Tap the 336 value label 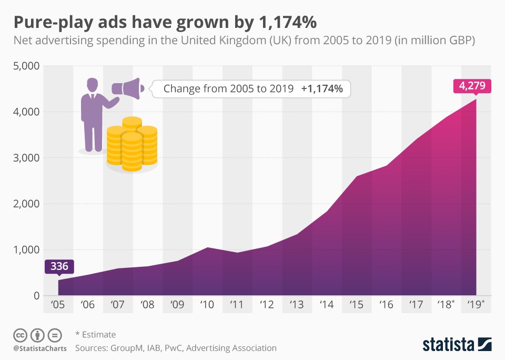coord(58,266)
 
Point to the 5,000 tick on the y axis coord(26,66)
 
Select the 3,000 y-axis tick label coord(26,158)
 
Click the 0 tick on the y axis coord(36,296)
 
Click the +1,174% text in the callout coord(322,89)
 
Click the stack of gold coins coord(132,145)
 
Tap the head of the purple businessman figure coord(93,84)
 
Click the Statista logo coord(457,345)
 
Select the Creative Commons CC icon coord(20,335)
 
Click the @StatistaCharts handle coord(38,348)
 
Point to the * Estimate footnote coord(95,335)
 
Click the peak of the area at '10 coord(208,247)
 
